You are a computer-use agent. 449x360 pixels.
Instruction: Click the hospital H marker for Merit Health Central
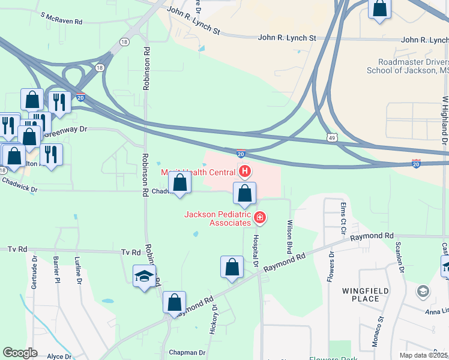click(245, 172)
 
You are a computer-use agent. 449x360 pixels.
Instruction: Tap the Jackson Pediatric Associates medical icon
click(260, 217)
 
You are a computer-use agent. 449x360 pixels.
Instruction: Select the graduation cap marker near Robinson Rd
click(144, 276)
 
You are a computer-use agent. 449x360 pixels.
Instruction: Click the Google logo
click(20, 353)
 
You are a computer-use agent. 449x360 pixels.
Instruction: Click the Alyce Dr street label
click(59, 356)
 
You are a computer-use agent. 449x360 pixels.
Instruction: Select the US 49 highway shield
click(332, 137)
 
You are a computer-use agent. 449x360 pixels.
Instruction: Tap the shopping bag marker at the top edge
click(379, 8)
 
